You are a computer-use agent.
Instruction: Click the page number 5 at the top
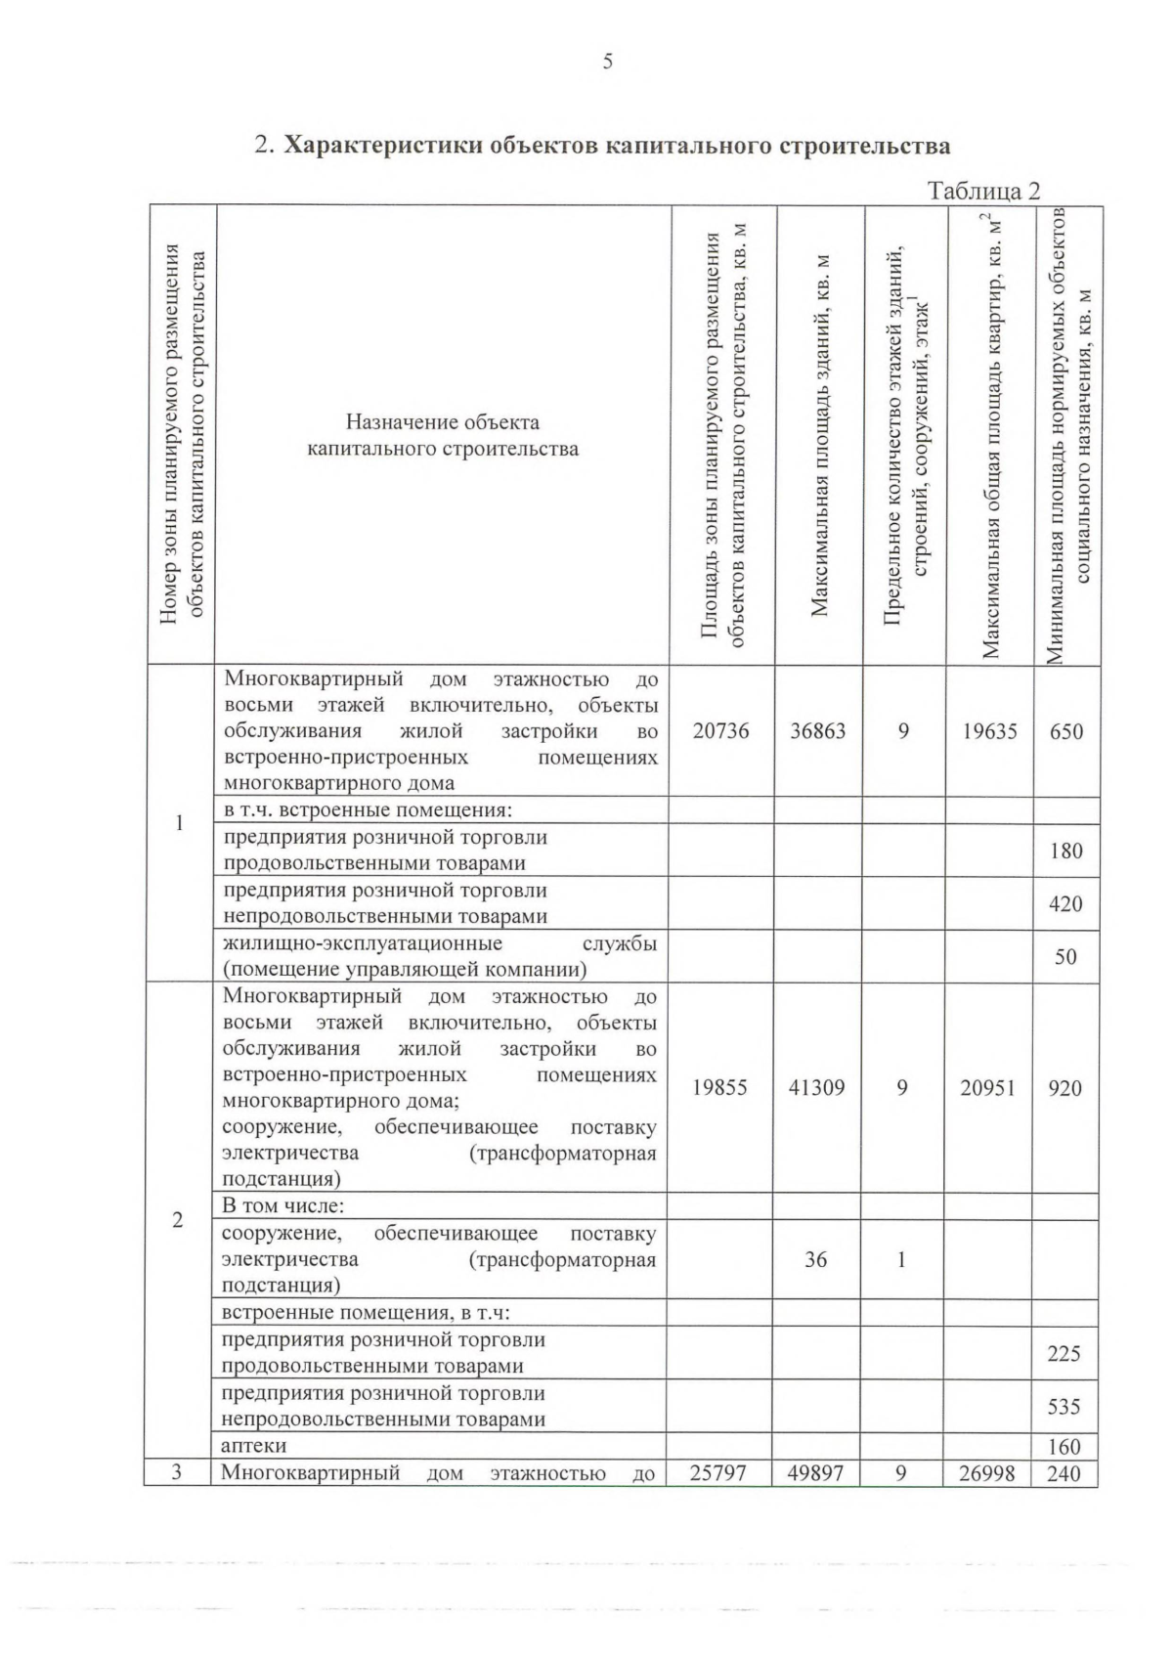coord(607,62)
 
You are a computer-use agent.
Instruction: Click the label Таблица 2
coord(983,191)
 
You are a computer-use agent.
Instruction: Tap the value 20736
coord(720,731)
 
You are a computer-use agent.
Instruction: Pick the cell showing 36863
coord(818,731)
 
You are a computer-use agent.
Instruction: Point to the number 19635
coord(989,731)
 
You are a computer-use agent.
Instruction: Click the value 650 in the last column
coord(1065,731)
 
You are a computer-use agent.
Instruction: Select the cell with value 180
coord(1065,851)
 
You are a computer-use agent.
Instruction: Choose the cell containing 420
coord(1065,903)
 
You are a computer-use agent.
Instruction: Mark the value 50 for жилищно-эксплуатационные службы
coord(1065,956)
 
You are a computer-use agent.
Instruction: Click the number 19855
coord(719,1087)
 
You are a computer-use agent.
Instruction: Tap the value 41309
coord(816,1087)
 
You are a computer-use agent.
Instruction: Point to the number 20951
coord(988,1087)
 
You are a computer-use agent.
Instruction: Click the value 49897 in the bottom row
coord(815,1472)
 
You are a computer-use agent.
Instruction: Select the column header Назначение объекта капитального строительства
coord(443,436)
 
